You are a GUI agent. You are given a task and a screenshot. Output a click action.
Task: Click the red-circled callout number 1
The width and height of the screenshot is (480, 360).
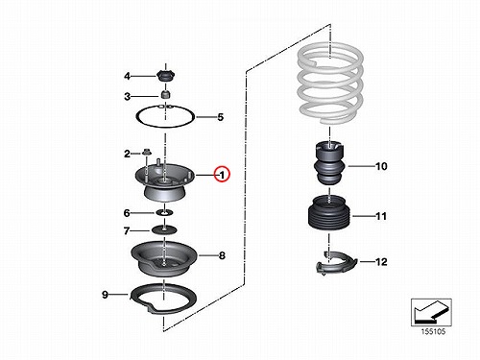pos(222,175)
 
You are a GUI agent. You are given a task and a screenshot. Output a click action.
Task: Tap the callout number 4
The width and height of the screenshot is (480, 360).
pos(128,76)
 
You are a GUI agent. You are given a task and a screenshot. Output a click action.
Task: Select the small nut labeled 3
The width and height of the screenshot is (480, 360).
pos(165,94)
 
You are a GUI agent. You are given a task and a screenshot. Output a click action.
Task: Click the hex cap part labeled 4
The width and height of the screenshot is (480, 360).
pos(166,76)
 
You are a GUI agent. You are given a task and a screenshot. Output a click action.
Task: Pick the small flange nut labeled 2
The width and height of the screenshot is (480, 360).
pos(147,152)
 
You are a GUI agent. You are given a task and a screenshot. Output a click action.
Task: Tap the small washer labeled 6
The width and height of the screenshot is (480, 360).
pos(164,212)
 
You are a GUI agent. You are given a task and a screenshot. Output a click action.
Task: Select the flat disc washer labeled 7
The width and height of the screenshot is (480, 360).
pos(164,229)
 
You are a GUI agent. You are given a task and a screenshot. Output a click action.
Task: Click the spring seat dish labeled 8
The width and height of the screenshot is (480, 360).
pos(164,258)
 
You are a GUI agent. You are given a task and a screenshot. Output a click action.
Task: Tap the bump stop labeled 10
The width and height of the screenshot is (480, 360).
pos(329,163)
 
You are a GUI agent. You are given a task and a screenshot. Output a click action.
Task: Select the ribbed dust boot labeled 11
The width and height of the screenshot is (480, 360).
pos(329,213)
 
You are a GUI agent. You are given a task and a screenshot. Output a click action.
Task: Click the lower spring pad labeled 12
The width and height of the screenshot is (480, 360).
pos(336,263)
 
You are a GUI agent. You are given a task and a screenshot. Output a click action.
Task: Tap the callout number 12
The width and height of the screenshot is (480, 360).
pos(381,262)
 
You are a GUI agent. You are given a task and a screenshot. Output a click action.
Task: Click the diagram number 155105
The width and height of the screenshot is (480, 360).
pos(433,331)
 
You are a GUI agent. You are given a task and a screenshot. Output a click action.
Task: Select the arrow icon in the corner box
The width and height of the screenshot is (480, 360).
pos(430,312)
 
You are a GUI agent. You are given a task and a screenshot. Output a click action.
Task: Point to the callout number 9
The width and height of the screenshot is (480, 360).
pos(105,295)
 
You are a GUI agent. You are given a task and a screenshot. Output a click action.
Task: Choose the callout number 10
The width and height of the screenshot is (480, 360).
pos(381,166)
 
